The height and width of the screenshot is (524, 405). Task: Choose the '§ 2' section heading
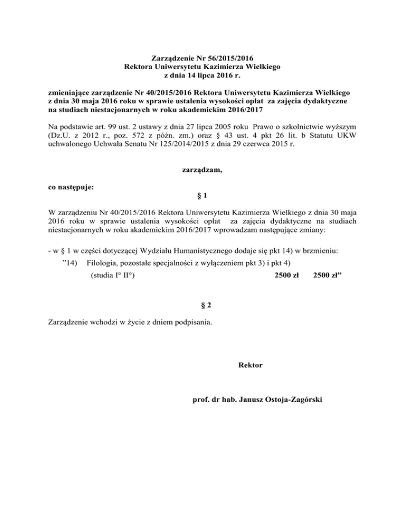202,305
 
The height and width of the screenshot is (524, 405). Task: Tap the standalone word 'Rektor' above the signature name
250,364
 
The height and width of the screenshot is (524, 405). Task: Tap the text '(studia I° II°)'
112,276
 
